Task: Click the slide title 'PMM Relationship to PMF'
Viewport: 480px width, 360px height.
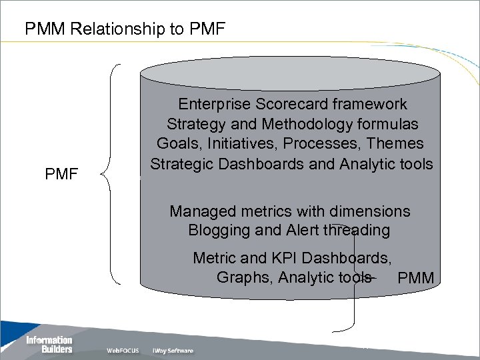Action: pos(125,29)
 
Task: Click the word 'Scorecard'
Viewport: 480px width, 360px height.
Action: pos(293,105)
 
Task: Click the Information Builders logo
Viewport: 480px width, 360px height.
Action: pos(49,344)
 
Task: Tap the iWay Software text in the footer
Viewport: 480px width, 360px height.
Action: pos(173,351)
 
